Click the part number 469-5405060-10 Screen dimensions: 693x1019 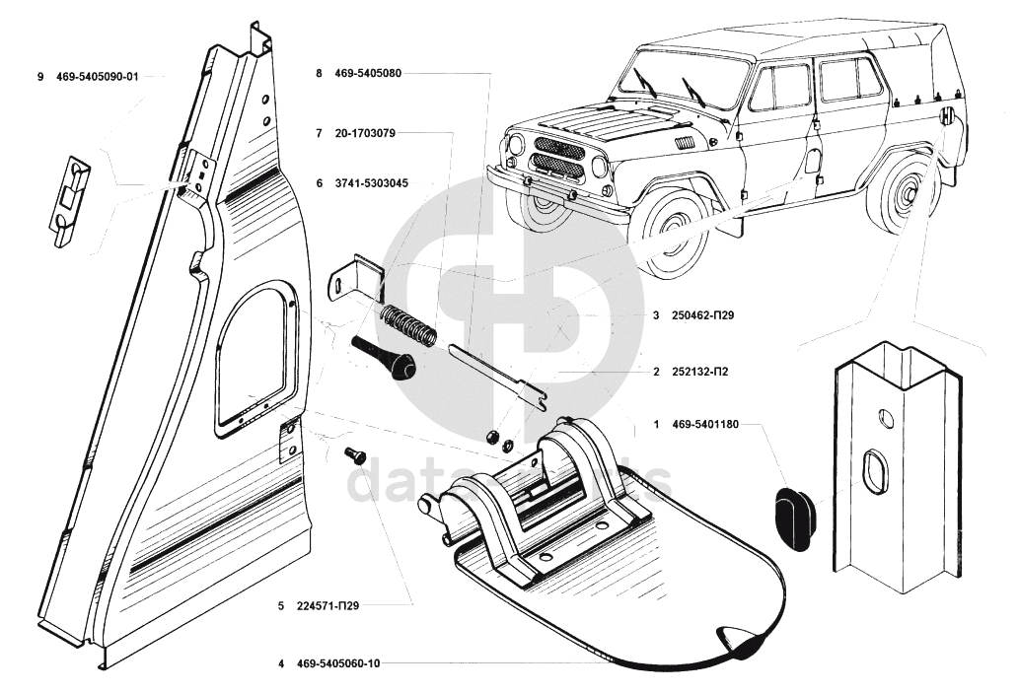[x=337, y=663]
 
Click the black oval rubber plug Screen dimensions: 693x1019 [x=791, y=513]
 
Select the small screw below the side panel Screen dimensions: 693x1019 [x=353, y=456]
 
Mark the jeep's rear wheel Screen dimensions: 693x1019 [x=902, y=192]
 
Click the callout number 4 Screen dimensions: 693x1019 [x=281, y=663]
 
